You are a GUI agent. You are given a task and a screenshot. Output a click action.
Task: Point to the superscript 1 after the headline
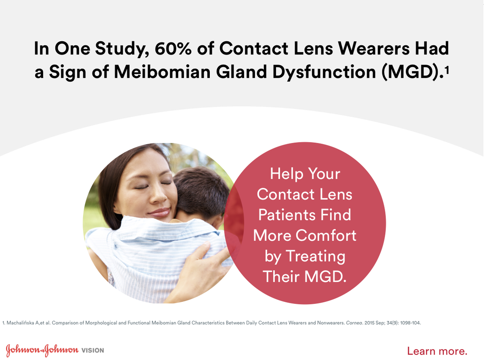[447, 70]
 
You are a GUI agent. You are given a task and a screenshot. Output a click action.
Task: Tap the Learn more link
[437, 350]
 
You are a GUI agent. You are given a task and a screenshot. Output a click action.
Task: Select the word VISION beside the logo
[93, 350]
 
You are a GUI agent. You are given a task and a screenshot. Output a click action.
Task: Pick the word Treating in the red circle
[315, 256]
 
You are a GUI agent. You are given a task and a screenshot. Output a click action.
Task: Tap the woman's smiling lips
[159, 212]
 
